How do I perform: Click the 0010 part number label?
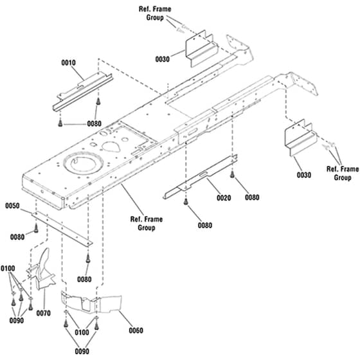(68, 63)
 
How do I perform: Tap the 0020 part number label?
(224, 198)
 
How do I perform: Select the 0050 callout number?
(12, 206)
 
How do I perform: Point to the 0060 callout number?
(136, 330)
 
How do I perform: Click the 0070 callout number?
(44, 313)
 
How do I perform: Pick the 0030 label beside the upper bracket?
(162, 59)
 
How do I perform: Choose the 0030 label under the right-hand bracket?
(304, 175)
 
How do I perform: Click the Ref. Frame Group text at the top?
(155, 14)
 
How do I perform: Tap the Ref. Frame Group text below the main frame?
(147, 224)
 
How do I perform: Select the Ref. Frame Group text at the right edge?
(343, 174)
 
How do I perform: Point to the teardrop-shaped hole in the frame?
(111, 147)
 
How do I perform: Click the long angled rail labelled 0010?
(83, 93)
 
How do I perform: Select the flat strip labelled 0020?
(200, 177)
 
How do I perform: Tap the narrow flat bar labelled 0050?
(62, 229)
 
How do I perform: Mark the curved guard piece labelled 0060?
(91, 303)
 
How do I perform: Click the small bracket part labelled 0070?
(42, 270)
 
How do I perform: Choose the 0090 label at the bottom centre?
(82, 351)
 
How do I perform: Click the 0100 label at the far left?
(8, 268)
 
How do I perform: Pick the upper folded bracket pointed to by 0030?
(202, 49)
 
